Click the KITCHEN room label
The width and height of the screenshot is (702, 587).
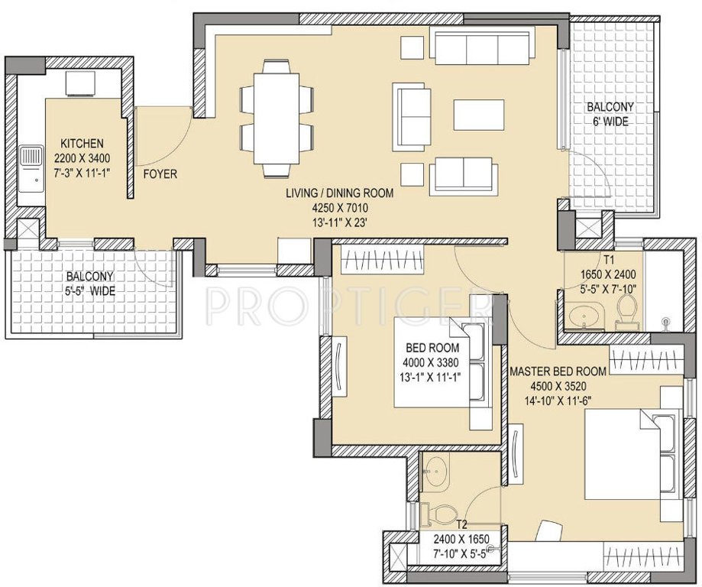(x=82, y=144)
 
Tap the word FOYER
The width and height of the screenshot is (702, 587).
(x=160, y=174)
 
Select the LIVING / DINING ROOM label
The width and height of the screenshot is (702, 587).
(x=340, y=193)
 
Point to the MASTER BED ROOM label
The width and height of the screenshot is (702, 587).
(x=558, y=371)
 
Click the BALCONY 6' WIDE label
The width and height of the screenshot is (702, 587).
(x=610, y=107)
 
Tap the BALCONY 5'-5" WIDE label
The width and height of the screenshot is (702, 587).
(x=89, y=277)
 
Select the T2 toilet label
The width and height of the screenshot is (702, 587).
(x=461, y=525)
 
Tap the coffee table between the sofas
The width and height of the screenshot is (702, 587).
(x=478, y=115)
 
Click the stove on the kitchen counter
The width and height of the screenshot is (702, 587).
(x=79, y=83)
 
